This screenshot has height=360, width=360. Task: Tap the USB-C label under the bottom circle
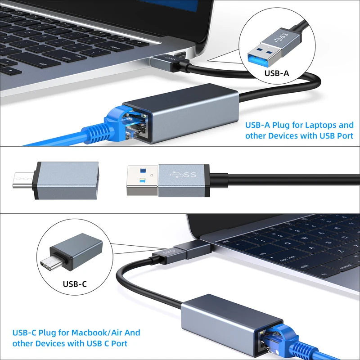(x=75, y=284)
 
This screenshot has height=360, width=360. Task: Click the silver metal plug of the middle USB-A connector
(x=142, y=180)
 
